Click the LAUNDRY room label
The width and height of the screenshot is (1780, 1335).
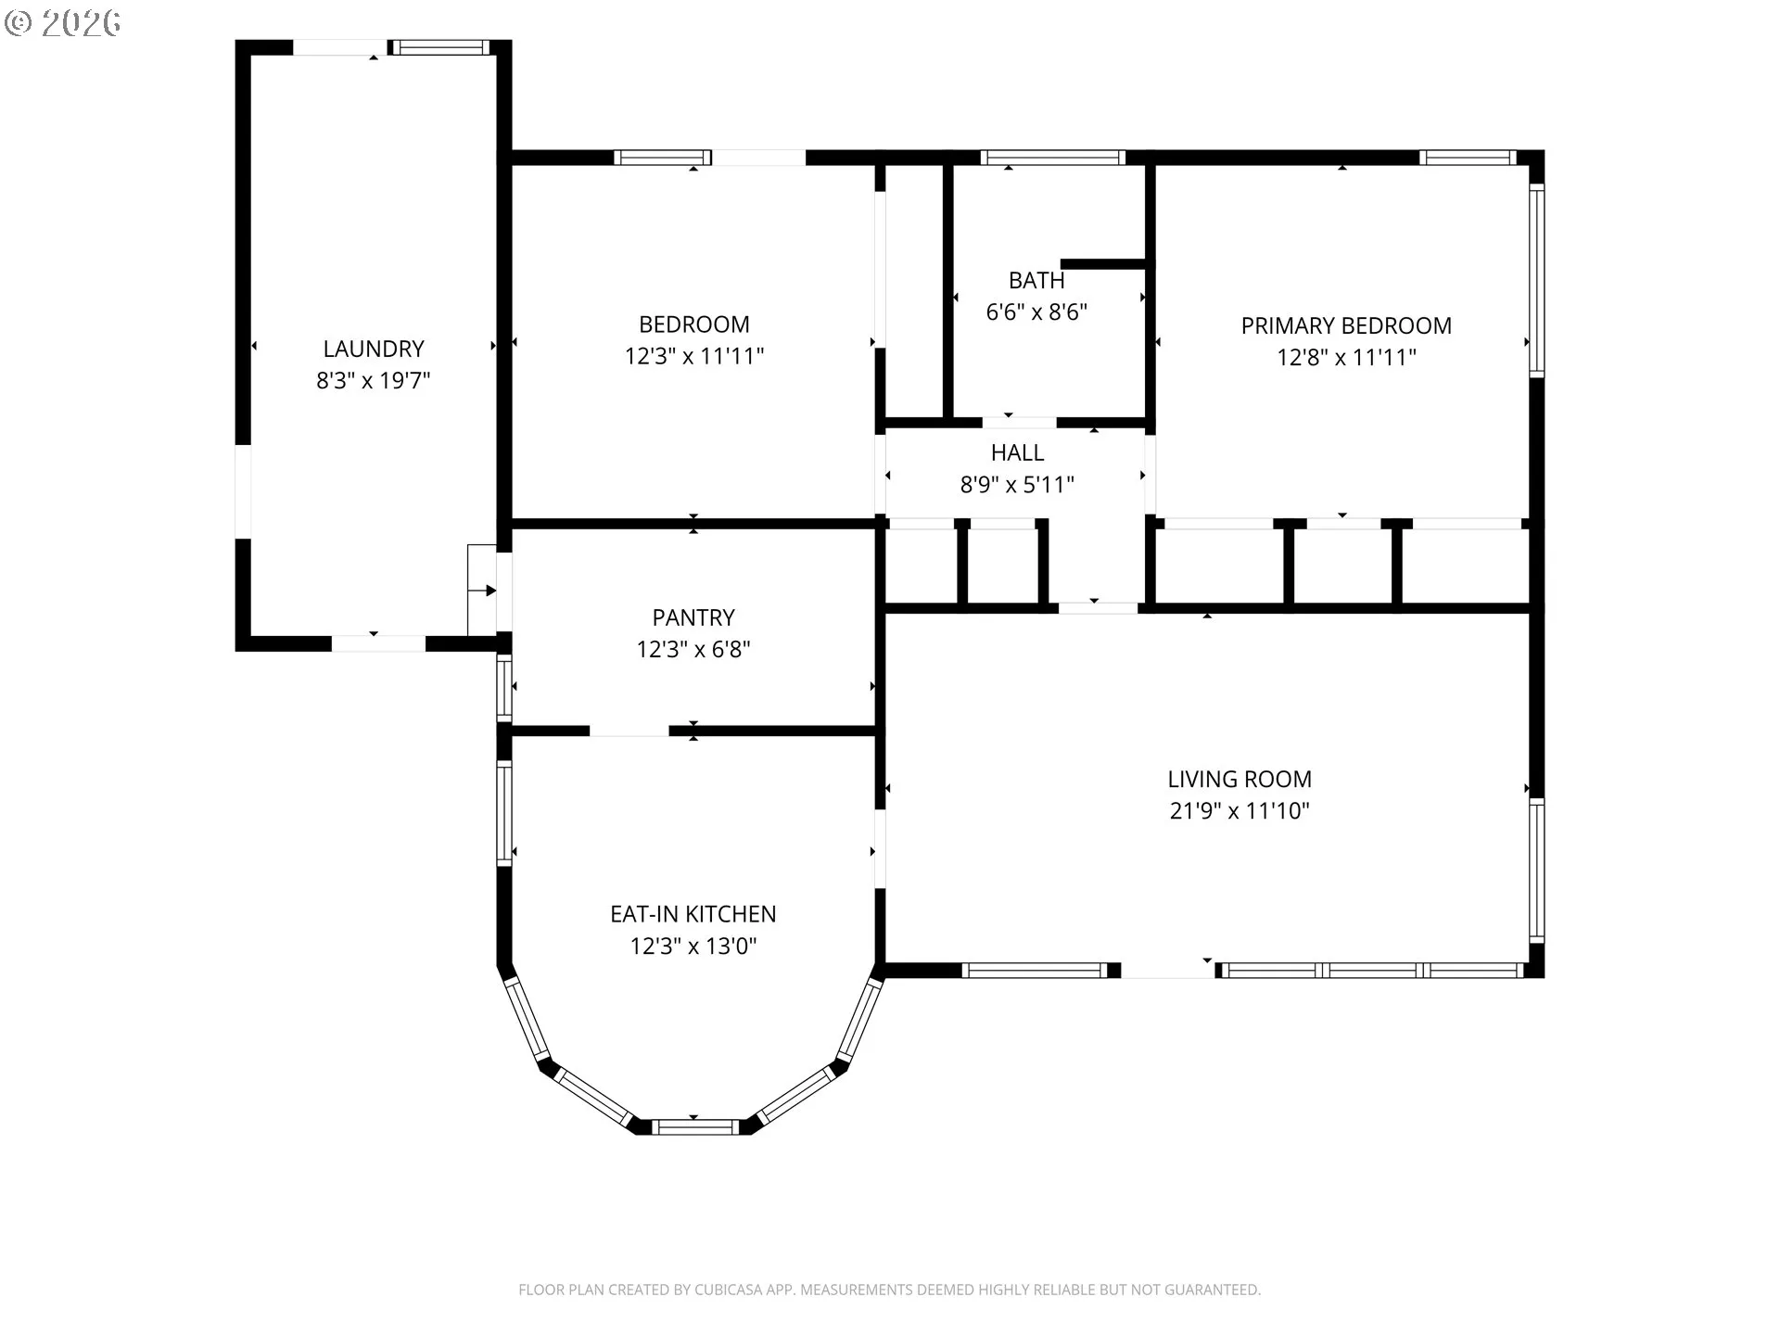[x=374, y=349]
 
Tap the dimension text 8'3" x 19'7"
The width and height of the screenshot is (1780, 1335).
[x=374, y=380]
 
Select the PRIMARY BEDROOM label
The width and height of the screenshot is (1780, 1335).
[x=1346, y=325]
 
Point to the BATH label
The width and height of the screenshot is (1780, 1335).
[x=1036, y=280]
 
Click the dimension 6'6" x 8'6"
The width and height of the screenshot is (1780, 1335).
[x=1036, y=311]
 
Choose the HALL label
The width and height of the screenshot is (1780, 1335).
[x=1017, y=452]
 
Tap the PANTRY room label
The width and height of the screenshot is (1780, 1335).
[x=693, y=617]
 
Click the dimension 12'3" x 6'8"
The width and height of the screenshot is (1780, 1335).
[x=693, y=649]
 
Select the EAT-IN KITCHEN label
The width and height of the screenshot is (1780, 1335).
[x=693, y=914]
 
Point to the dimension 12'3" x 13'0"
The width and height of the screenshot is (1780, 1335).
[x=693, y=946]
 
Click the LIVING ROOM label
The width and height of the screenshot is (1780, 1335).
[x=1240, y=779]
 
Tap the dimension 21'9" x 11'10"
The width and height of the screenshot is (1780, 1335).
[x=1240, y=810]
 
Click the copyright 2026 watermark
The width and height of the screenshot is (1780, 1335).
[x=62, y=22]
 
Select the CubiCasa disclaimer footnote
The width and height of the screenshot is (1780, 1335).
[x=889, y=1290]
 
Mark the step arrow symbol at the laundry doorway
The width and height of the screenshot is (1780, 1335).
[x=490, y=591]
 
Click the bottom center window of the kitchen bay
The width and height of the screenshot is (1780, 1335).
[x=694, y=1127]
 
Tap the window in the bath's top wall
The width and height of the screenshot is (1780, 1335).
[x=1052, y=158]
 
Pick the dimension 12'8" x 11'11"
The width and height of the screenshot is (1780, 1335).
[x=1346, y=357]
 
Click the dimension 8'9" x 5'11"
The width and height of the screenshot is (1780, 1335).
[x=1017, y=484]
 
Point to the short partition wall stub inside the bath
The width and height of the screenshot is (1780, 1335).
[x=1105, y=264]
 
